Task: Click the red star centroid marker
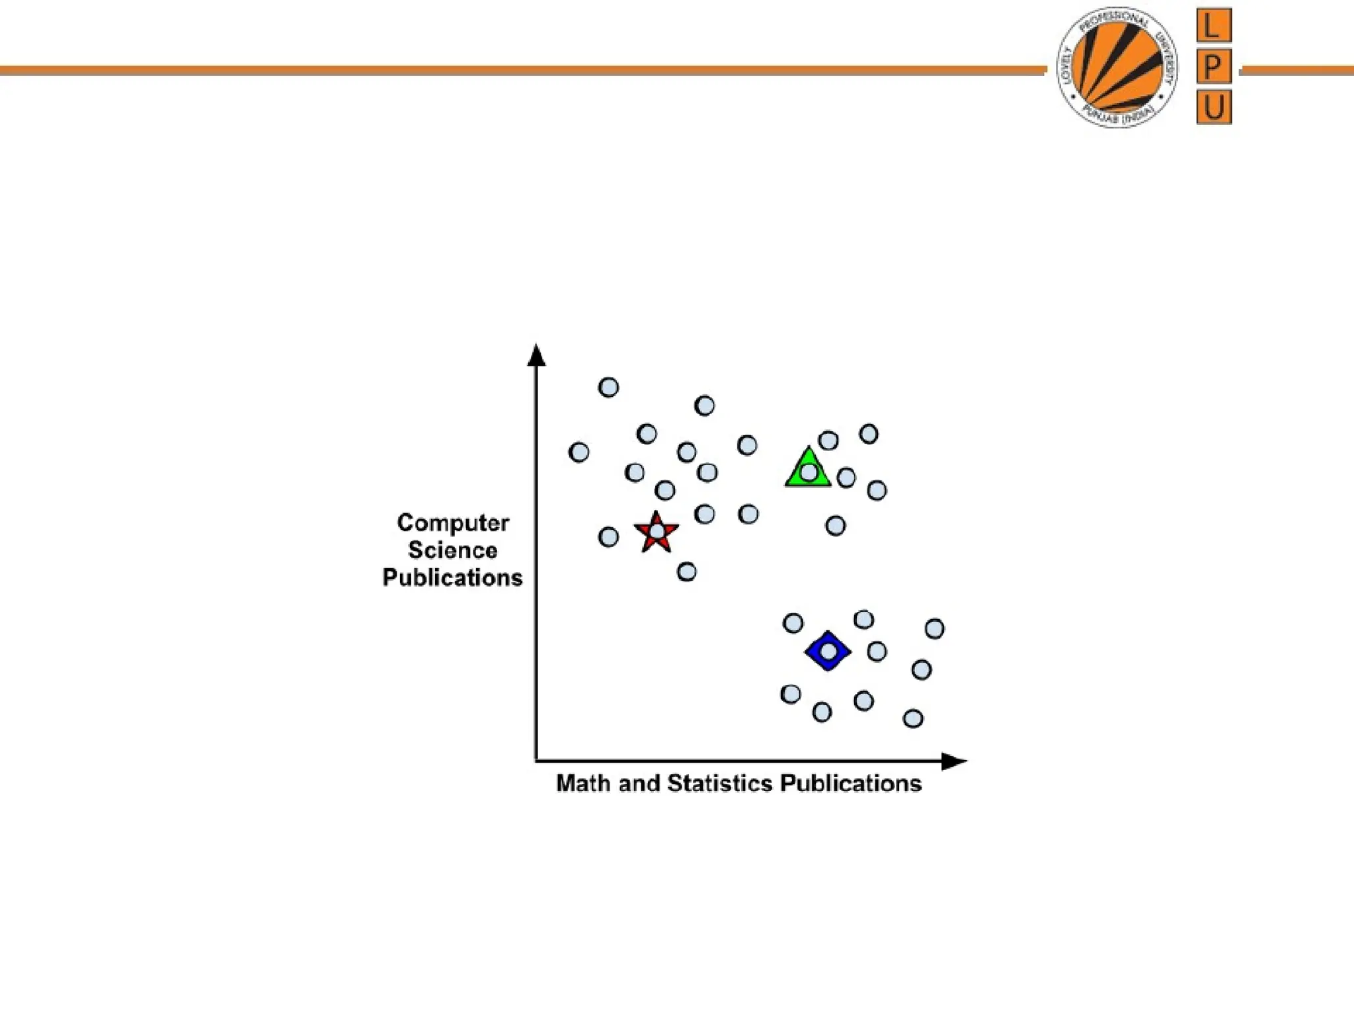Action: click(x=656, y=532)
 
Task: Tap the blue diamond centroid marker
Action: click(x=828, y=652)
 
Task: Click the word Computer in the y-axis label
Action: click(x=453, y=523)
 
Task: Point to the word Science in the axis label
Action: click(x=453, y=550)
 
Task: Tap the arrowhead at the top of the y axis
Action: click(x=536, y=355)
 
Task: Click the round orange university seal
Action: click(x=1117, y=67)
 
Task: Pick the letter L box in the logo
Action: click(x=1214, y=26)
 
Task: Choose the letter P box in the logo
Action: click(x=1214, y=67)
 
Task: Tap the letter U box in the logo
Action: click(x=1214, y=107)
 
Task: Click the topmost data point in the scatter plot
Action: click(x=608, y=387)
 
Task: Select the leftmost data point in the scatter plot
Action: click(x=578, y=452)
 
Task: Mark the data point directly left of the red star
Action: click(x=608, y=536)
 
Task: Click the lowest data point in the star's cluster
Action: click(x=686, y=571)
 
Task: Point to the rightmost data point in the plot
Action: click(x=934, y=628)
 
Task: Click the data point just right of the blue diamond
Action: click(x=877, y=652)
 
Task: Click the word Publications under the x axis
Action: click(x=851, y=783)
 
